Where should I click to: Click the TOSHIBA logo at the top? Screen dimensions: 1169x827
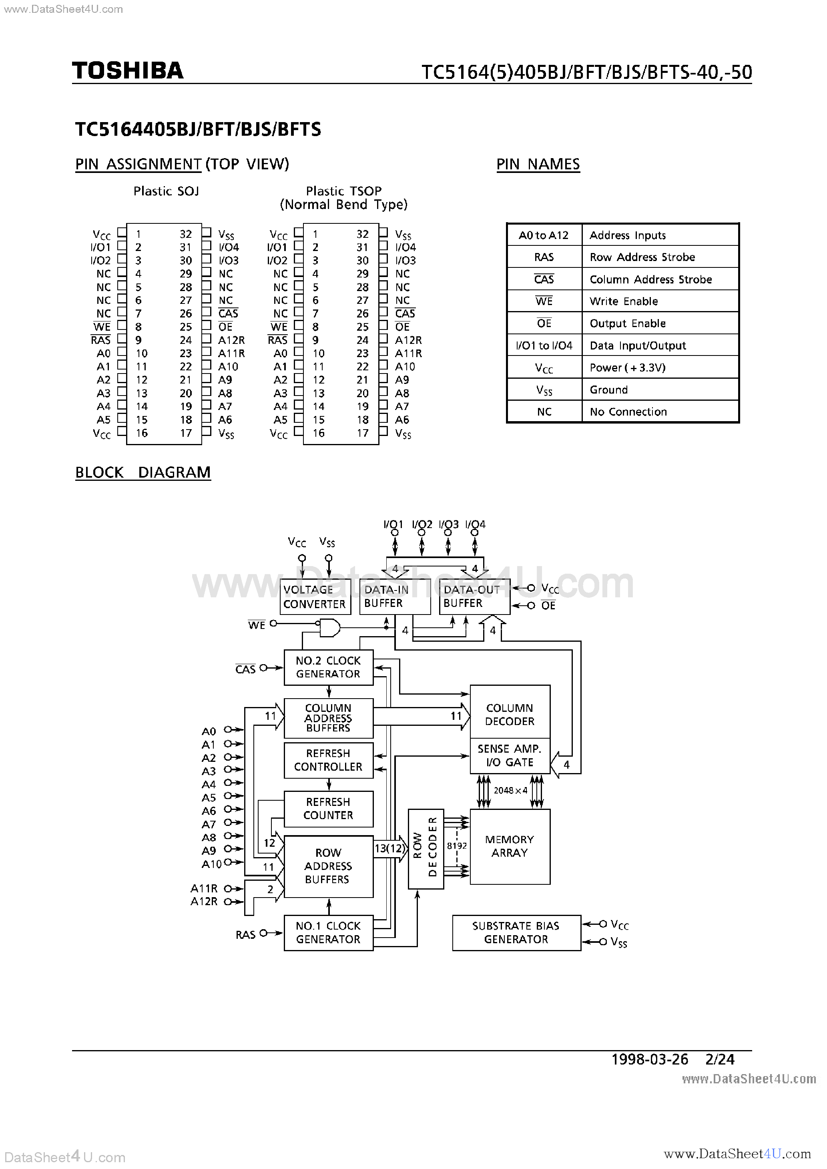[127, 70]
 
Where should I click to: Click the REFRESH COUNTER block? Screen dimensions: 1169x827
[328, 809]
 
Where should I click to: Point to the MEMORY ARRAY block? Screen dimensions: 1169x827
[510, 846]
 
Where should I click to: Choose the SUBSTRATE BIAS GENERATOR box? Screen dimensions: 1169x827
[516, 933]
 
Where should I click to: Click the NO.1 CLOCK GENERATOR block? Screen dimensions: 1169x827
[328, 933]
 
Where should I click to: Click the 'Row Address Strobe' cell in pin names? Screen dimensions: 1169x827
[642, 257]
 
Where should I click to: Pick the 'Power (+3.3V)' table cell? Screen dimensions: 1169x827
[627, 368]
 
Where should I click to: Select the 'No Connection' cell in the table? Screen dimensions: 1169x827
[628, 412]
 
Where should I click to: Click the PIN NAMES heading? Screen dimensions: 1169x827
[538, 165]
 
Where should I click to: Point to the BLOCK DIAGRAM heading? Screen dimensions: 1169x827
[143, 472]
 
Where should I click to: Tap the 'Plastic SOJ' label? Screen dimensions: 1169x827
[166, 191]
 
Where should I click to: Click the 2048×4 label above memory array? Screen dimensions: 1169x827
[510, 791]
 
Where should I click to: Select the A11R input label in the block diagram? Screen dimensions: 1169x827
[204, 888]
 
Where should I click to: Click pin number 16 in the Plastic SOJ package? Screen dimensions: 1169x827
[142, 433]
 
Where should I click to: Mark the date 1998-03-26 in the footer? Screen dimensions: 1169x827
[649, 1060]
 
